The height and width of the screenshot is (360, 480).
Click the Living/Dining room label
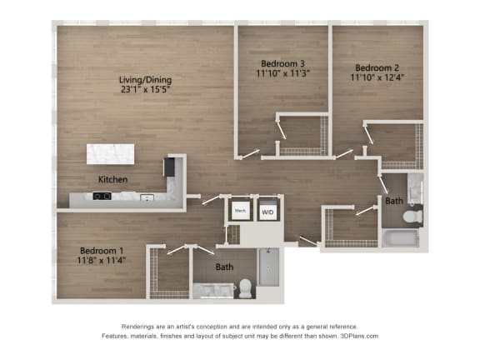pyautogui.click(x=145, y=80)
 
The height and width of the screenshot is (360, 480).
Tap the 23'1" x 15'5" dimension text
pyautogui.click(x=145, y=90)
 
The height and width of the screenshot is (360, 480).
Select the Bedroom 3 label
pyautogui.click(x=282, y=63)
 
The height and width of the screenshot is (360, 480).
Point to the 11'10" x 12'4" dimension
pyautogui.click(x=377, y=77)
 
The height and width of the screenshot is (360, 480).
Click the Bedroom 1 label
pyautogui.click(x=102, y=251)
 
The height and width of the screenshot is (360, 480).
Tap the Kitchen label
pyautogui.click(x=112, y=179)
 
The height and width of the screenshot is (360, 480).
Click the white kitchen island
pyautogui.click(x=110, y=154)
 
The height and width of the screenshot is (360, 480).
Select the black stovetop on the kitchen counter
pyautogui.click(x=102, y=196)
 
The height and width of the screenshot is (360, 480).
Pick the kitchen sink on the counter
pyautogui.click(x=147, y=197)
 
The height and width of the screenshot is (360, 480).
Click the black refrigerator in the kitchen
pyautogui.click(x=169, y=167)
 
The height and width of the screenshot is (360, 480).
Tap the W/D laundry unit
pyautogui.click(x=267, y=211)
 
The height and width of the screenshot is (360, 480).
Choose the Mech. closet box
pyautogui.click(x=241, y=211)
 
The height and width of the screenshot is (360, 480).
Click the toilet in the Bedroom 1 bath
pyautogui.click(x=245, y=288)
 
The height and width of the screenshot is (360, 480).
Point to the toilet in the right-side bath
pyautogui.click(x=412, y=217)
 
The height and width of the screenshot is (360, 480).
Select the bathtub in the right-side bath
pyautogui.click(x=401, y=238)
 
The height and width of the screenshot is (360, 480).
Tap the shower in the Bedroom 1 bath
pyautogui.click(x=269, y=267)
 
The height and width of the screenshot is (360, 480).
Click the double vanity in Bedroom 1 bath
pyautogui.click(x=213, y=291)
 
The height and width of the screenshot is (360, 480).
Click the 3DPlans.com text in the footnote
pyautogui.click(x=359, y=336)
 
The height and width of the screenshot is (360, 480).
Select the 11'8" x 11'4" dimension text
pyautogui.click(x=102, y=261)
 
